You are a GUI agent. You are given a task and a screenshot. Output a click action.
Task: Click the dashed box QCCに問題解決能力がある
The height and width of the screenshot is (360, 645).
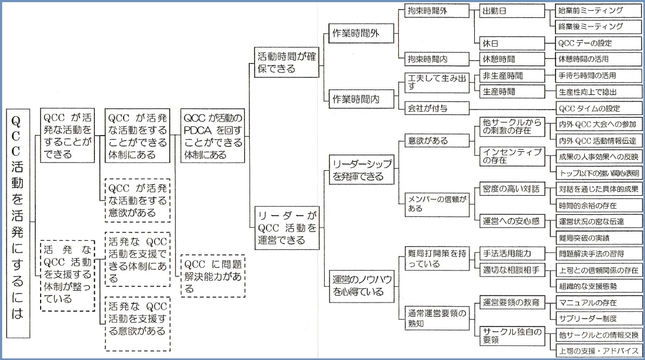212,275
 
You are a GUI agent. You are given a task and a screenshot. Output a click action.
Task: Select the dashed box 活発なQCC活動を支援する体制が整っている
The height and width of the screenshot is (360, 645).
67,275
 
